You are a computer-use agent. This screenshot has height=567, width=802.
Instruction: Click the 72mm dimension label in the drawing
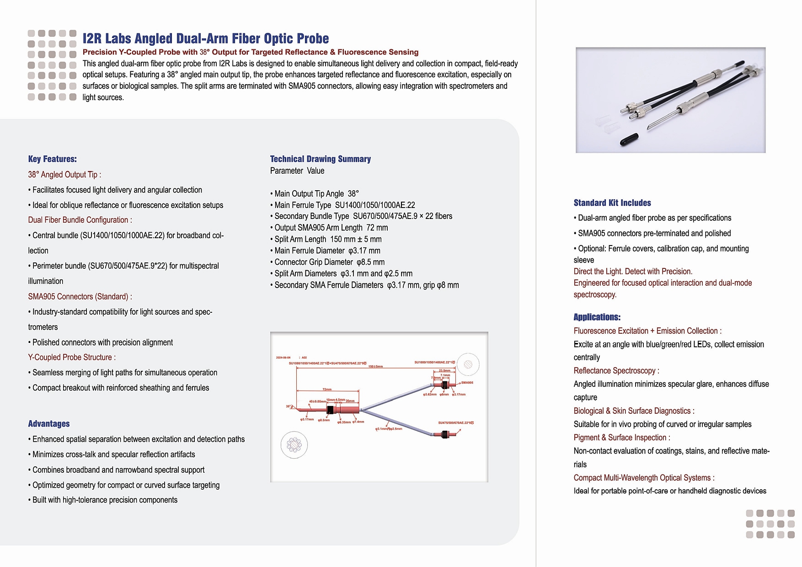pos(327,389)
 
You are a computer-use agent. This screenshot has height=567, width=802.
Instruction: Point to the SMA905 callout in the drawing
pos(467,383)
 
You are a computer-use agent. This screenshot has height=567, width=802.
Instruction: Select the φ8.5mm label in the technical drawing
pos(324,420)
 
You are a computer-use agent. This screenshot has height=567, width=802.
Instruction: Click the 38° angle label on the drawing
pos(289,406)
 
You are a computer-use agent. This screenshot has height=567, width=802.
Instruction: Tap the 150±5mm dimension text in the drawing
pos(375,367)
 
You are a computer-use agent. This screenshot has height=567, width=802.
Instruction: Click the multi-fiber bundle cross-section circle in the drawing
pos(294,445)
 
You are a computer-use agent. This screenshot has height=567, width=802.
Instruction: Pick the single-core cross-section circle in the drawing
pos(468,364)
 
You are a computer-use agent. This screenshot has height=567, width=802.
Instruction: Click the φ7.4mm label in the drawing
pos(358,422)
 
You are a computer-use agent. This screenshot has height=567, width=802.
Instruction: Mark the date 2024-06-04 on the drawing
pos(283,358)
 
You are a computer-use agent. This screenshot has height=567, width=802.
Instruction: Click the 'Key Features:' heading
pos(52,159)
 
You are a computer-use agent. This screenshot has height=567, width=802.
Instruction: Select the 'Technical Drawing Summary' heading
pos(320,159)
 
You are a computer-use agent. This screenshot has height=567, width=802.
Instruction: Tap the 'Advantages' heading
pos(49,424)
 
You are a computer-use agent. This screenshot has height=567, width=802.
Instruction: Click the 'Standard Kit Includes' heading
pos(612,203)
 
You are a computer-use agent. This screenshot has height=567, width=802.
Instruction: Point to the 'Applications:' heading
pos(597,317)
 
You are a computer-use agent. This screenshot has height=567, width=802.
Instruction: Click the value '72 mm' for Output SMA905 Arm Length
pos(377,228)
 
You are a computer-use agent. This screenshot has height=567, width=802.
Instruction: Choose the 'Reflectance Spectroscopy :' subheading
pos(616,371)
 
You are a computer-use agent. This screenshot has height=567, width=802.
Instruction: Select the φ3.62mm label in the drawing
pos(430,394)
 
